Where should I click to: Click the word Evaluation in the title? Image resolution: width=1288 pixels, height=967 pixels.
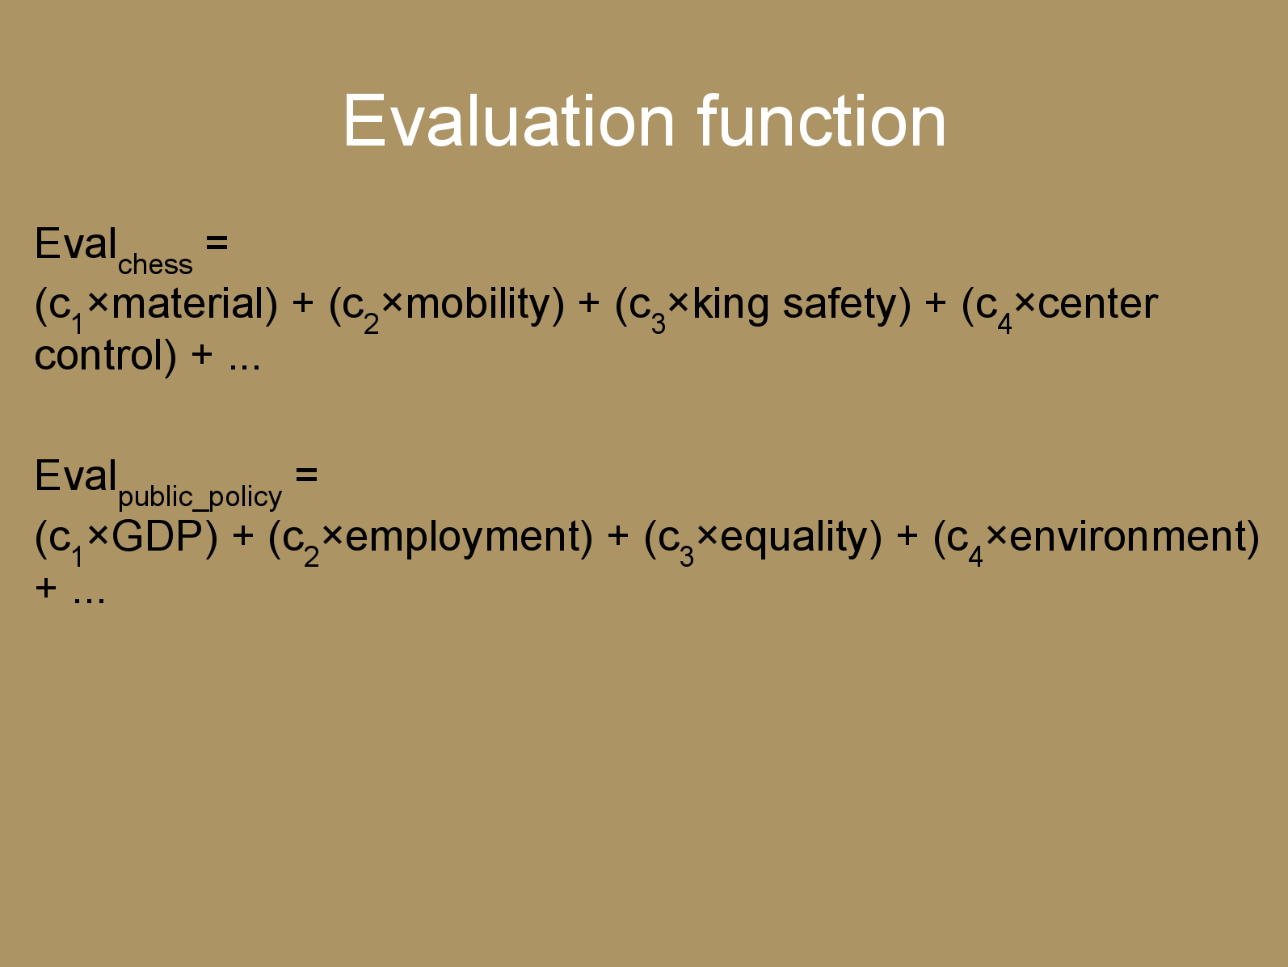(509, 121)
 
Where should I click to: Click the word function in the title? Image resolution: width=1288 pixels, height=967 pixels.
(822, 120)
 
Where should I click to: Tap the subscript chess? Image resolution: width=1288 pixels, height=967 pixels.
(155, 265)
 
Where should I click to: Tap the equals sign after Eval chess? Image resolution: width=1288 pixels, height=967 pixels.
(217, 242)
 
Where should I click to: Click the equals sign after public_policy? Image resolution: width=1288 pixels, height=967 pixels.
(306, 474)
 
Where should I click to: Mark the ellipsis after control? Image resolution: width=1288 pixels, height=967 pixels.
(244, 366)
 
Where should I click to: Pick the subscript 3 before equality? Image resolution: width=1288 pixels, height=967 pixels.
(687, 556)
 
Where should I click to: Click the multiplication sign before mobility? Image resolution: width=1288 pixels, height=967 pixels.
(392, 302)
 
